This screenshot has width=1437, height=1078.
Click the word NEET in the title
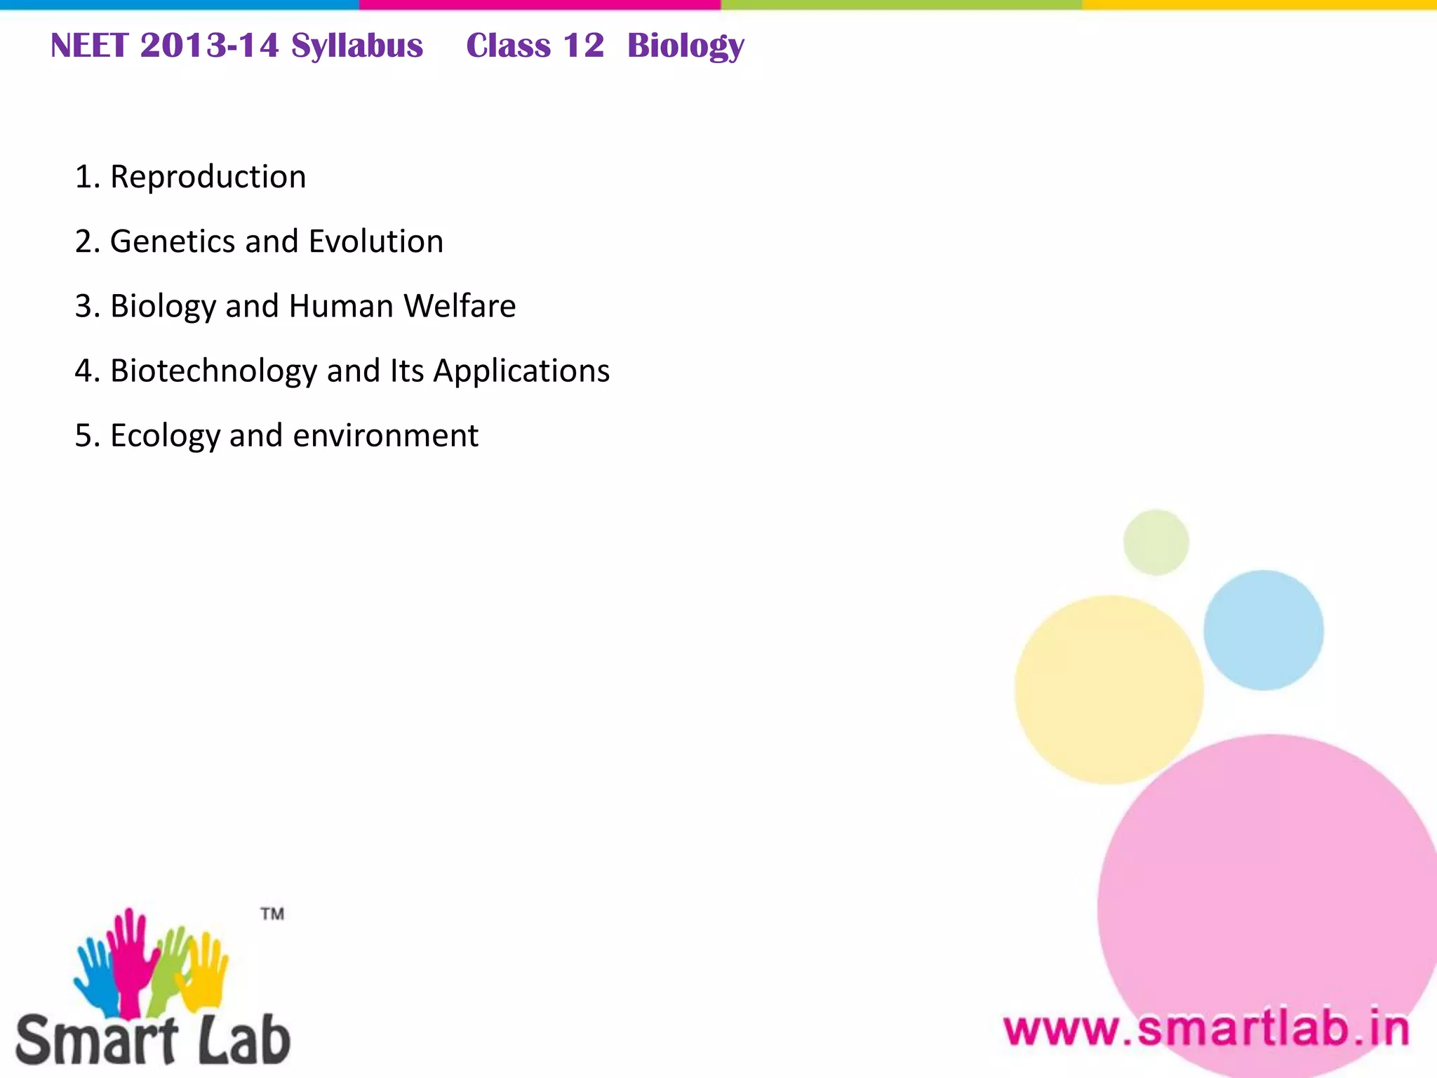[89, 46]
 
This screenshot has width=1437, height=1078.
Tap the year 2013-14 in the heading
[209, 46]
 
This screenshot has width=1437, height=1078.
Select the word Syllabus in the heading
[357, 46]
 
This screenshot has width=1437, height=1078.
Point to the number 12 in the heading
[583, 46]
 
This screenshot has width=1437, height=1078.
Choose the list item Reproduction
[208, 177]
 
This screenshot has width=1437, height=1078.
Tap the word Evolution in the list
[376, 241]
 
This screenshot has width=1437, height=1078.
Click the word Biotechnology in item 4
[213, 371]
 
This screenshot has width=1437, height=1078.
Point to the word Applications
[521, 371]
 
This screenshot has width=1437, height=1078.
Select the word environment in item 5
[385, 436]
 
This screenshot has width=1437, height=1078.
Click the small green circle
[1156, 543]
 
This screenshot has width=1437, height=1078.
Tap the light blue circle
[1263, 630]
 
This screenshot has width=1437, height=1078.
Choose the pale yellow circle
[1109, 689]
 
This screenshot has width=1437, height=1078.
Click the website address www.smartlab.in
[1206, 1030]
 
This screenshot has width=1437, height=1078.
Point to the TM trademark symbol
[272, 914]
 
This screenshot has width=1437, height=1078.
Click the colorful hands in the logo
[151, 961]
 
